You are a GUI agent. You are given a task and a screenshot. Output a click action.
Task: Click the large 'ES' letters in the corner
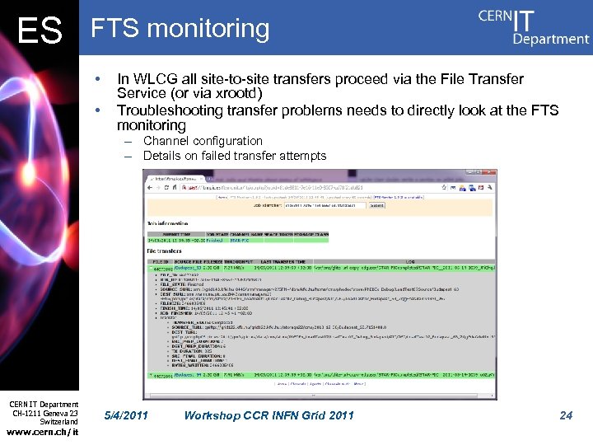[40, 31]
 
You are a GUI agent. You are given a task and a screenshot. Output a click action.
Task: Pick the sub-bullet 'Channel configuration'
[203, 141]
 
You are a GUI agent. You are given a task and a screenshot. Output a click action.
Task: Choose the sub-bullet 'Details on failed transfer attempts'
[235, 156]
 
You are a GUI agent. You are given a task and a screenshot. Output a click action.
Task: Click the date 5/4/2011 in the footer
[127, 415]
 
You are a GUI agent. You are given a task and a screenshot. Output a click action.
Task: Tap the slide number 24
[566, 415]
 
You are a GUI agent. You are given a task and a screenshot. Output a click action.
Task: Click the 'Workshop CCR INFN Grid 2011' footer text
[268, 415]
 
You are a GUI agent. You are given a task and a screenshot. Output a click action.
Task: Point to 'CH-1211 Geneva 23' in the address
[44, 413]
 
